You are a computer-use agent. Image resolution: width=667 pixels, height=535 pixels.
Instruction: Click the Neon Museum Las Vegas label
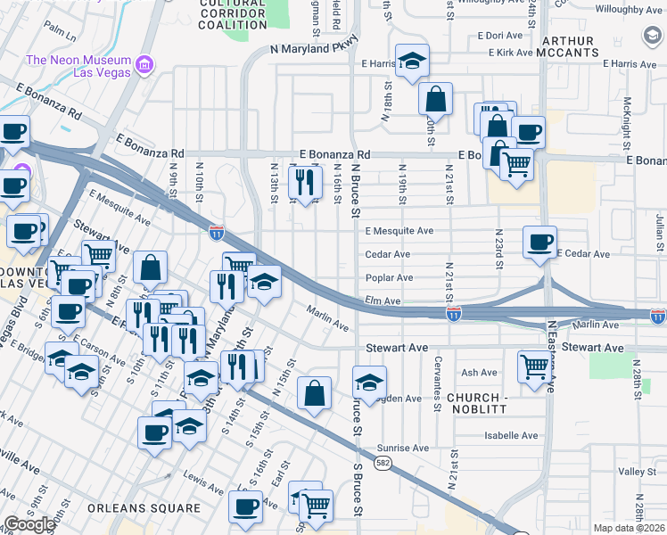(78, 67)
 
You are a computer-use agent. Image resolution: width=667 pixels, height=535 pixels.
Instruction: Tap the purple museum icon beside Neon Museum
(144, 64)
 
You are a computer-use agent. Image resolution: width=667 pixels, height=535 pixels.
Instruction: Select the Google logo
(29, 524)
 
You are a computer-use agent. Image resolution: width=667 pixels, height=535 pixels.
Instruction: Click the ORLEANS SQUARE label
(144, 508)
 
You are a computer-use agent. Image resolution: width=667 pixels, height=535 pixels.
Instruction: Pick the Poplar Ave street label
(388, 278)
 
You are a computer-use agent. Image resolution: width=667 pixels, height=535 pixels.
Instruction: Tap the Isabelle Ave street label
(511, 436)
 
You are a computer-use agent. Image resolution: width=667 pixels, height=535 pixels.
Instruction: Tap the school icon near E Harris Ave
(412, 61)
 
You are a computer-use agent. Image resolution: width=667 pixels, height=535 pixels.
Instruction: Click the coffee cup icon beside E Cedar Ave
(539, 242)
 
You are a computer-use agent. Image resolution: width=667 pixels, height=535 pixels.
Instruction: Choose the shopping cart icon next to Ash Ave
(533, 365)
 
